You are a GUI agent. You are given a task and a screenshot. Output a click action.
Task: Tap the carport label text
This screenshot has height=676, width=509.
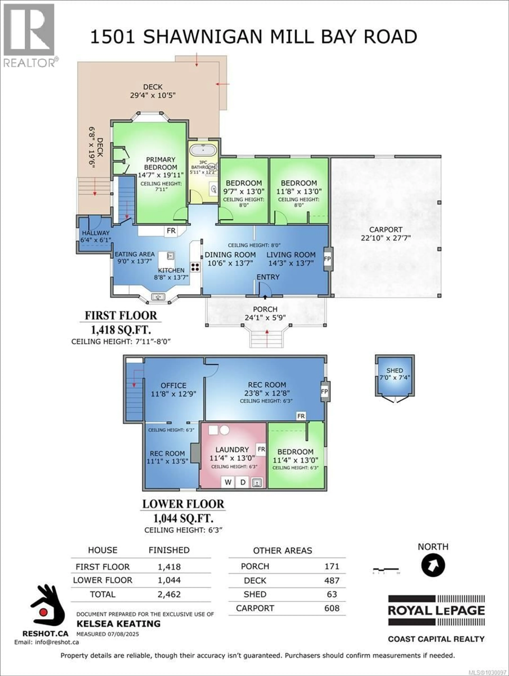click(x=386, y=229)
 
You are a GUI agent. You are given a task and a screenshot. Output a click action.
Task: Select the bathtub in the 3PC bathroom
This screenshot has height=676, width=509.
click(x=203, y=151)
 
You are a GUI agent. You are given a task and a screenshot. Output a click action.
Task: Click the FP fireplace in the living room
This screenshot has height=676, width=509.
click(x=327, y=259)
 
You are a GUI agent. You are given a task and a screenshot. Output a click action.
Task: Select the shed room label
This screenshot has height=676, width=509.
click(x=394, y=370)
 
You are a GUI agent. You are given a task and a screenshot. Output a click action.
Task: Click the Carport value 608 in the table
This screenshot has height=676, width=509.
click(x=332, y=608)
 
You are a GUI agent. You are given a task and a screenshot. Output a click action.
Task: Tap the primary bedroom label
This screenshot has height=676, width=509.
click(x=161, y=164)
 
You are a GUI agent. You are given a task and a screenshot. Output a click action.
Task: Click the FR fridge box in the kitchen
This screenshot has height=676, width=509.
click(x=171, y=231)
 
